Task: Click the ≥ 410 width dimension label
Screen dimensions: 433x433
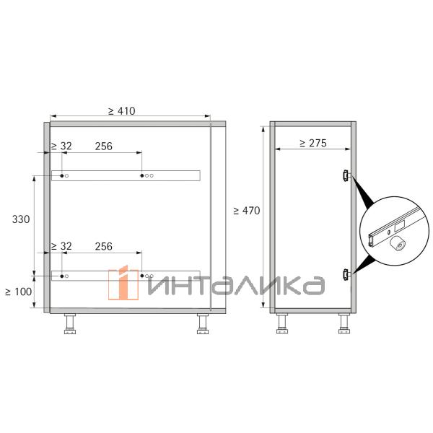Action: tap(122, 111)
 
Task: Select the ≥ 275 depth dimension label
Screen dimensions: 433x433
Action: tap(313, 143)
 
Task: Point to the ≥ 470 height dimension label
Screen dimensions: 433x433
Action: tap(247, 211)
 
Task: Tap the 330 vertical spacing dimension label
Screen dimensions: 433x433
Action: tap(20, 219)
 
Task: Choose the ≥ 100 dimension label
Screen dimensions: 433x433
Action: tap(17, 292)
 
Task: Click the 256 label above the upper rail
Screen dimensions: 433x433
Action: tap(103, 146)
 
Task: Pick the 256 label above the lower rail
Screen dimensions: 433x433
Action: tap(103, 246)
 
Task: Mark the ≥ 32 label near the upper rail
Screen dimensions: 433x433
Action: tap(61, 146)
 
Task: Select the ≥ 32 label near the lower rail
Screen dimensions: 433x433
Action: tap(61, 246)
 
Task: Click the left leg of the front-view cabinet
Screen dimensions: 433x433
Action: tap(70, 325)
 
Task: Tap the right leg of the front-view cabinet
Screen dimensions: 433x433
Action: tap(202, 325)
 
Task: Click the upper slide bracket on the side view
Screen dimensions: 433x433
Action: tap(347, 175)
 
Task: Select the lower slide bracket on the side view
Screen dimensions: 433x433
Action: tap(347, 274)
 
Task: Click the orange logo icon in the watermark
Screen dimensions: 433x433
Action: tap(123, 283)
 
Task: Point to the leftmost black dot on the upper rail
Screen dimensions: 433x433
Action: tap(62, 175)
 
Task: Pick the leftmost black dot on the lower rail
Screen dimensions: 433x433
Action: tap(62, 276)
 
